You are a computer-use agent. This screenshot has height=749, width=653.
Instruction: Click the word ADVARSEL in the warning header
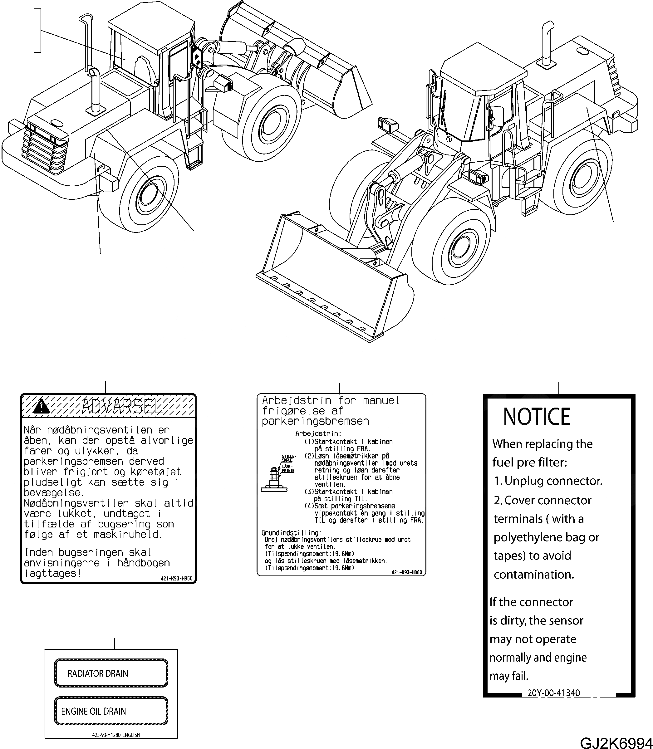tap(122, 407)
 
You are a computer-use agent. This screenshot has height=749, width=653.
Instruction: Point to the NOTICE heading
tap(536, 417)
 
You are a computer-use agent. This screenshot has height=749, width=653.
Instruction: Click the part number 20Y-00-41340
tap(553, 693)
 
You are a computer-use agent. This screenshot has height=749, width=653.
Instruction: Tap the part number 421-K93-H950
tap(176, 579)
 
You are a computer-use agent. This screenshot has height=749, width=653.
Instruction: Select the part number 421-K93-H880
tap(407, 572)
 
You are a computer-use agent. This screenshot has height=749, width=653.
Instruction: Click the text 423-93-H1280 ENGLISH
tap(116, 735)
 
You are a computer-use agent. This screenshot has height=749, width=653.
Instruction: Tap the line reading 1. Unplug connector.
tap(548, 481)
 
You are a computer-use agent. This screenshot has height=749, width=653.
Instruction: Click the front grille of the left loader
tap(45, 148)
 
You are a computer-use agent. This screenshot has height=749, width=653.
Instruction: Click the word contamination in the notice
tap(533, 575)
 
